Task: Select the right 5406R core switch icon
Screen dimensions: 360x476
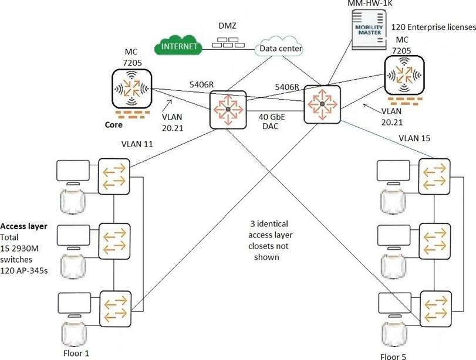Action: coord(322,103)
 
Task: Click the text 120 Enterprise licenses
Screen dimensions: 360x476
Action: coord(432,27)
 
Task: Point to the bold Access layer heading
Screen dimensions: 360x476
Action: coord(23,226)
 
